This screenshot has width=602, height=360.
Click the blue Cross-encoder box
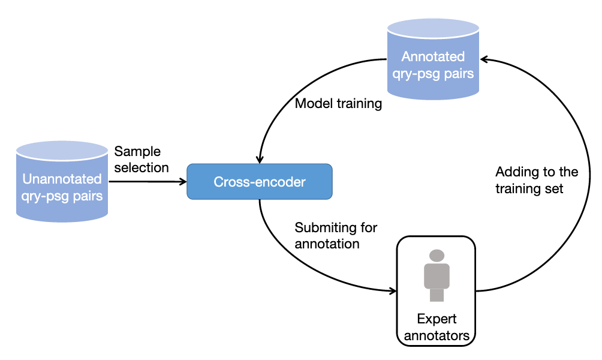coord(259,182)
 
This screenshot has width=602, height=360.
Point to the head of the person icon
coord(437,256)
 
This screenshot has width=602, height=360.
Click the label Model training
coord(338,104)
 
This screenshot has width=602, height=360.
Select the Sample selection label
coord(142,160)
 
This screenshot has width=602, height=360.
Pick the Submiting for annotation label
coord(336,236)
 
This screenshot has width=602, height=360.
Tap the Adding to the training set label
coord(537,181)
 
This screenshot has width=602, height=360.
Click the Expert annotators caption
coord(437,327)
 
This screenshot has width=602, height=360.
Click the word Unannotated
coord(62,179)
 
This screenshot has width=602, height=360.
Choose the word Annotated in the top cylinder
coord(433,57)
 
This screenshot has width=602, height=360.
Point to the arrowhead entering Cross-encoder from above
coord(259,160)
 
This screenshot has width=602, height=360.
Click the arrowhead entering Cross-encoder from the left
coord(183,181)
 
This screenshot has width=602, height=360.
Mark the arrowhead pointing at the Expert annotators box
coord(393,292)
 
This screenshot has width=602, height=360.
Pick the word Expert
coord(437,319)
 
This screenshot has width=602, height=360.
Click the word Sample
coord(137,152)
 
